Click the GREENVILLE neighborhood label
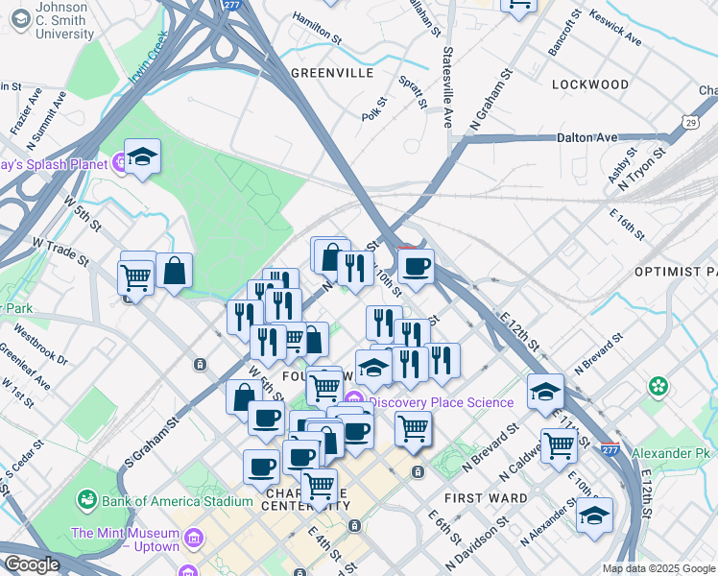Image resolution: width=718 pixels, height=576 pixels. coord(331,73)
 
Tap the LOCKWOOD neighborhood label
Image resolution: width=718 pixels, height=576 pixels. coord(590,84)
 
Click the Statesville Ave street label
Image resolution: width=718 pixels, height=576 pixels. coord(447,87)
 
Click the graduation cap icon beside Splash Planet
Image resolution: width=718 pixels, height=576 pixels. coord(142,157)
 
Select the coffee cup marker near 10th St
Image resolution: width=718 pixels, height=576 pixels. coord(416,267)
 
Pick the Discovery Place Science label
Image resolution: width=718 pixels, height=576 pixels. coord(441,402)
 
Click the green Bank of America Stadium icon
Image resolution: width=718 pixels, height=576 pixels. coord(87,501)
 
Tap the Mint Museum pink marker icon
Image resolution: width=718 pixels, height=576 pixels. coord(195,539)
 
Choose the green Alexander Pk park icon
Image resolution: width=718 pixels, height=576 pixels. coord(658,386)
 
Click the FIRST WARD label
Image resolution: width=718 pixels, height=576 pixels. coord(486,498)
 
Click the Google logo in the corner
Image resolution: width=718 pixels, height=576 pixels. coord(32,564)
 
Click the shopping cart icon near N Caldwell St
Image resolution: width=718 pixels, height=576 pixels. coord(559,444)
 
